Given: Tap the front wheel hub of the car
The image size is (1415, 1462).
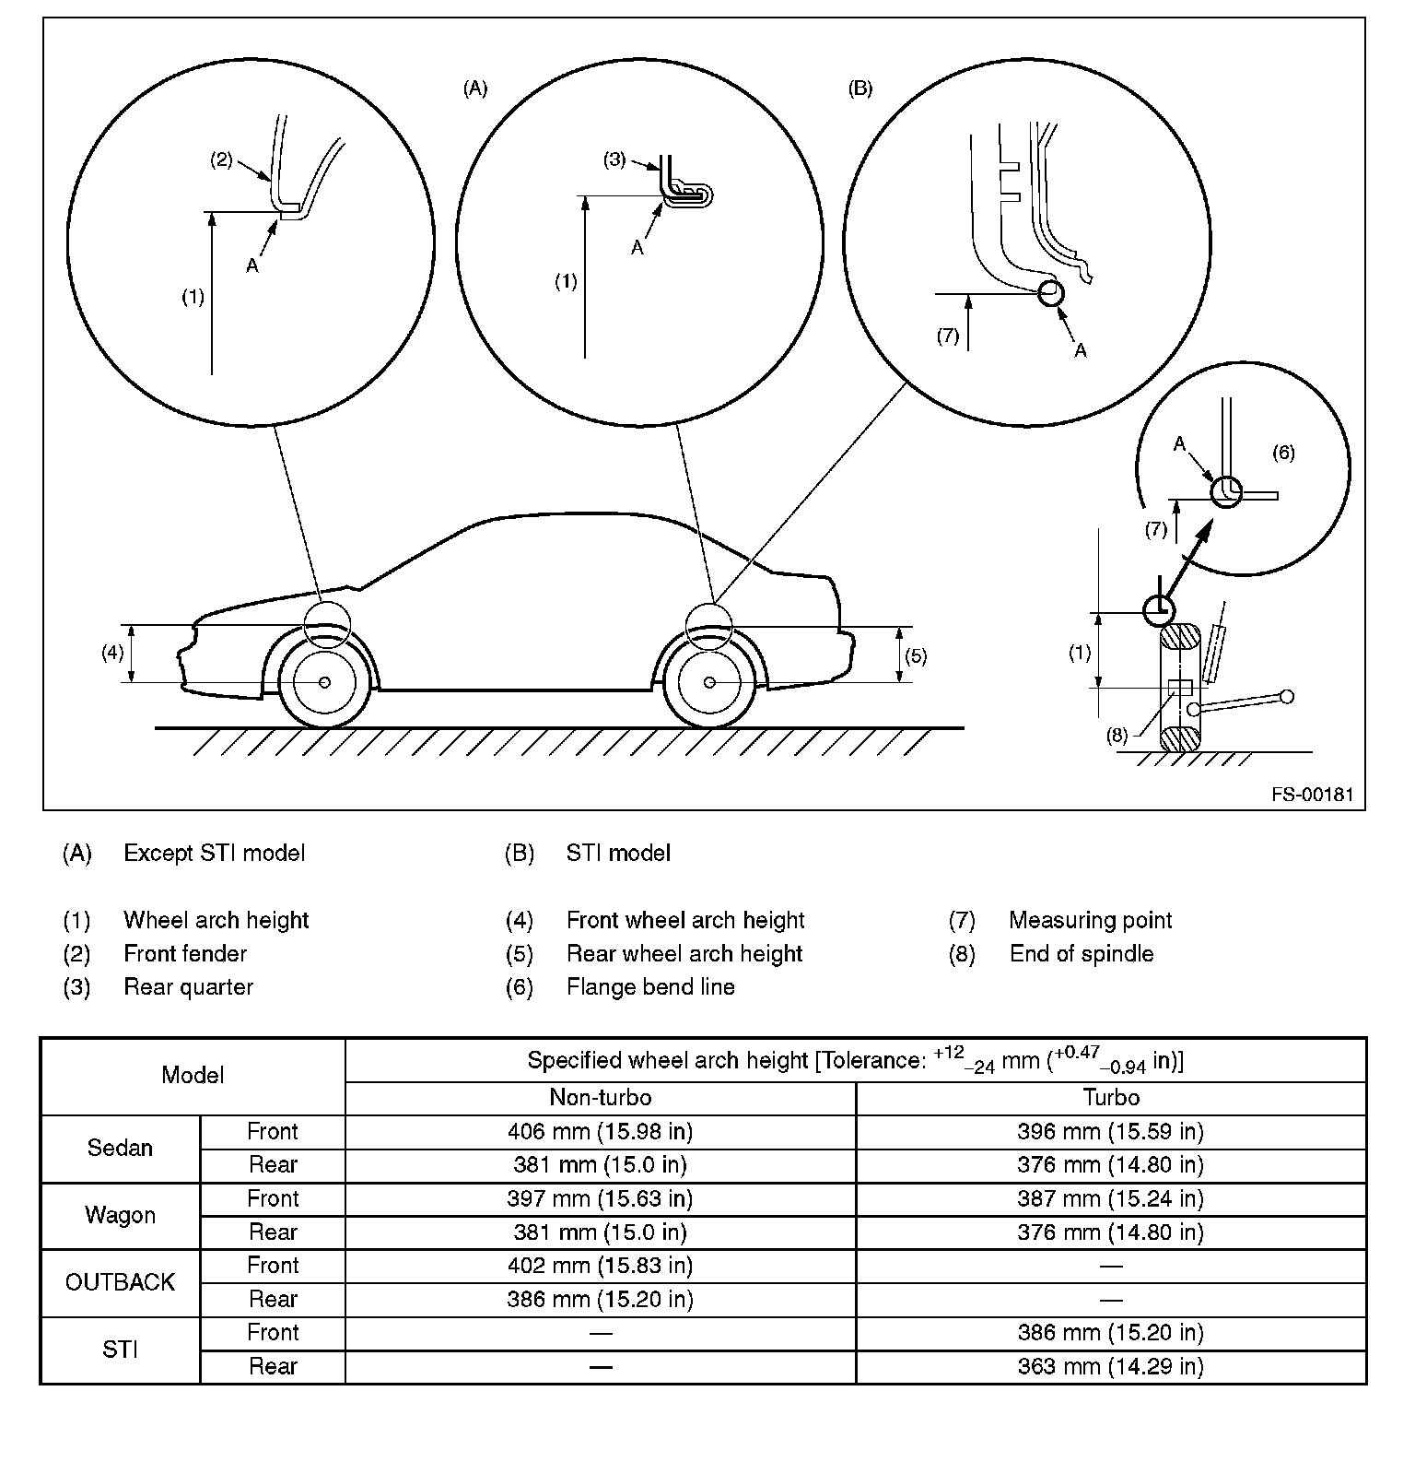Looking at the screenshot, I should (324, 682).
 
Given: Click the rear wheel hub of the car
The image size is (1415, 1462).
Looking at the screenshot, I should (709, 682).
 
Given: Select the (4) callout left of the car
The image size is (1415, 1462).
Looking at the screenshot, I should (112, 653).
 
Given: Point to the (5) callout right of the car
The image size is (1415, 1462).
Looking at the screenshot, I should (916, 656).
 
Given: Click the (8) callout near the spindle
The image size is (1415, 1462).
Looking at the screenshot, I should (1117, 735).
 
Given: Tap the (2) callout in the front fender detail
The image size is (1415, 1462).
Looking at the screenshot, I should (221, 159).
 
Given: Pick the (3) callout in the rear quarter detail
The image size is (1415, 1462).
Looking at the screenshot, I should (614, 159).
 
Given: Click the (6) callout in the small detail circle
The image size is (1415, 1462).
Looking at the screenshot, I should (1283, 452).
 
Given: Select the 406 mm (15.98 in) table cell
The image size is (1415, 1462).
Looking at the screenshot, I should (600, 1132).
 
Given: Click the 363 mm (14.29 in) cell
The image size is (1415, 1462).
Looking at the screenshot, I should (1110, 1366).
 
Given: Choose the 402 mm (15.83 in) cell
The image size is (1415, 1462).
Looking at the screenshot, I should (600, 1266).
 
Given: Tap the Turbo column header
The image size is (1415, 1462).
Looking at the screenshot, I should (1111, 1097).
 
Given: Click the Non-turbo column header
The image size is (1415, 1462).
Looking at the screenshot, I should (600, 1097).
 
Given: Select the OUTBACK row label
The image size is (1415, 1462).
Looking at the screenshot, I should (120, 1282).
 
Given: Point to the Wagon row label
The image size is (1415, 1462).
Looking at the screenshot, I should (120, 1215).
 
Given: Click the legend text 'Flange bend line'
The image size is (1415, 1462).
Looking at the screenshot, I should (650, 987).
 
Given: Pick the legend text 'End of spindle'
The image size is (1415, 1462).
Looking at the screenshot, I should (1081, 954).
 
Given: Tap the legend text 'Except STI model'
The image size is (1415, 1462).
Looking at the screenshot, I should (214, 854).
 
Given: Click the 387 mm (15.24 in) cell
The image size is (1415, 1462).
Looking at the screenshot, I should (1110, 1198).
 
